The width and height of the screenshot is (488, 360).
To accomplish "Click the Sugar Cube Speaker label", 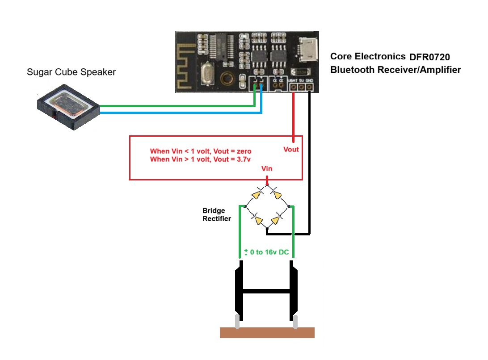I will coord(71,72).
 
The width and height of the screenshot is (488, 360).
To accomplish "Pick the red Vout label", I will coord(291,149).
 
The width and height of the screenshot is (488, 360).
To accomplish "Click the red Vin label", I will coord(267,169).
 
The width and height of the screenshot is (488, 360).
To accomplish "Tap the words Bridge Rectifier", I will coord(217,214).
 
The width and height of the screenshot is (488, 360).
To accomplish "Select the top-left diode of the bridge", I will coord(256,194).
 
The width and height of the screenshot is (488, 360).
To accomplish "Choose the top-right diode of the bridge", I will coord(278,194).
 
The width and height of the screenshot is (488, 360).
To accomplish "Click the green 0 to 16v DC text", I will coord(266,252).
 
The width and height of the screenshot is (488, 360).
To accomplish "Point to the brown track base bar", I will coord(267,333).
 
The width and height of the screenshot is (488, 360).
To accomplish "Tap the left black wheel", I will coord(239,290).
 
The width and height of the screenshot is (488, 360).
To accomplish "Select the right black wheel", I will coord(294,290).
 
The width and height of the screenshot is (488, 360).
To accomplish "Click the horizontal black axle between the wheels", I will coord(267,292).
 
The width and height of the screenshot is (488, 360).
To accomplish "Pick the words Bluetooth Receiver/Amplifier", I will coord(395,70).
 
